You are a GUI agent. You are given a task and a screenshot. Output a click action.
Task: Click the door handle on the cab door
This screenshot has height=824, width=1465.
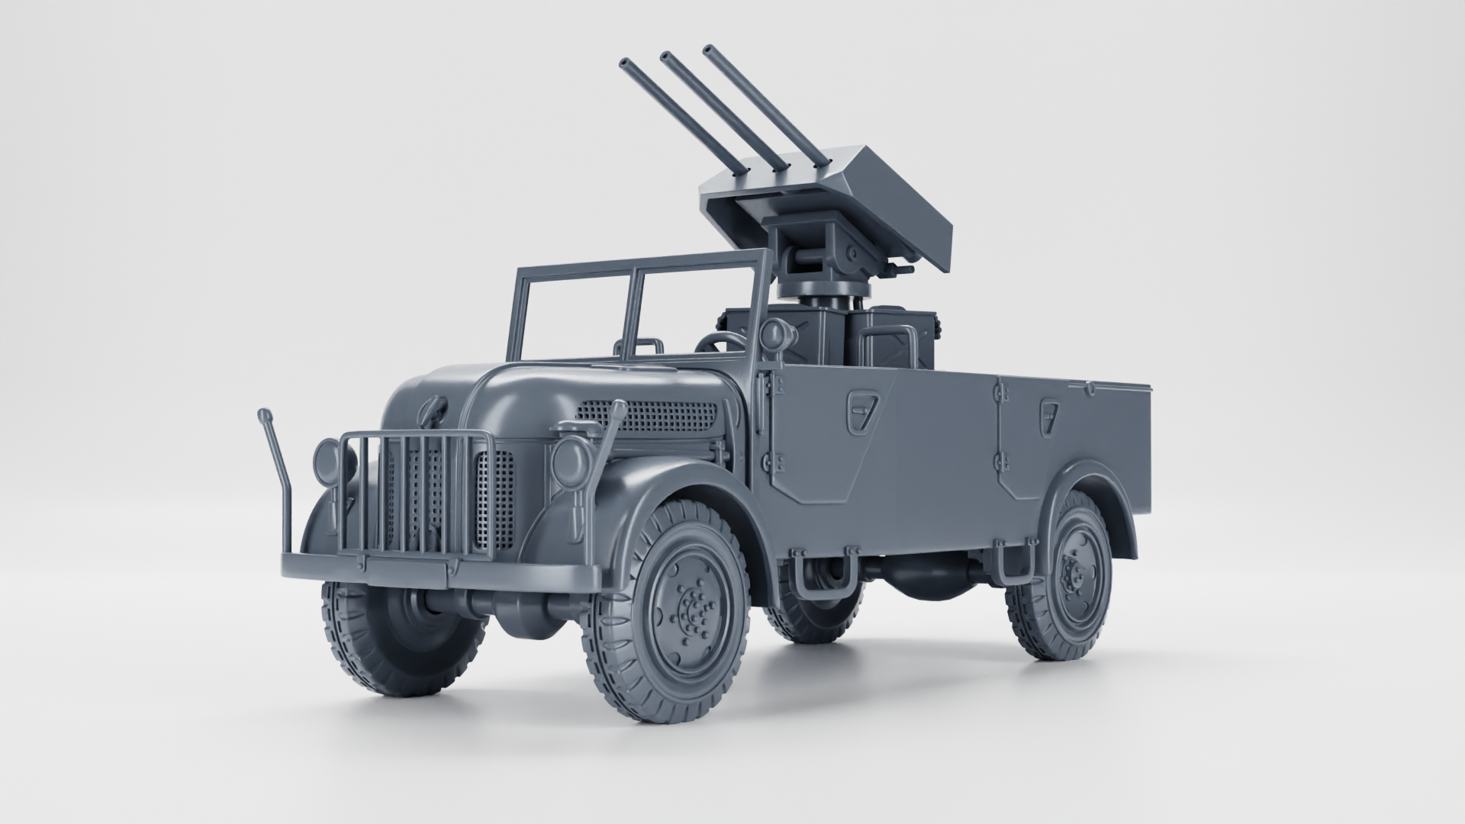pos(862,412)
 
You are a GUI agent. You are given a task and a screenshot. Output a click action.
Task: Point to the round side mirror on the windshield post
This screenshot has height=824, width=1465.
pos(773,333)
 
